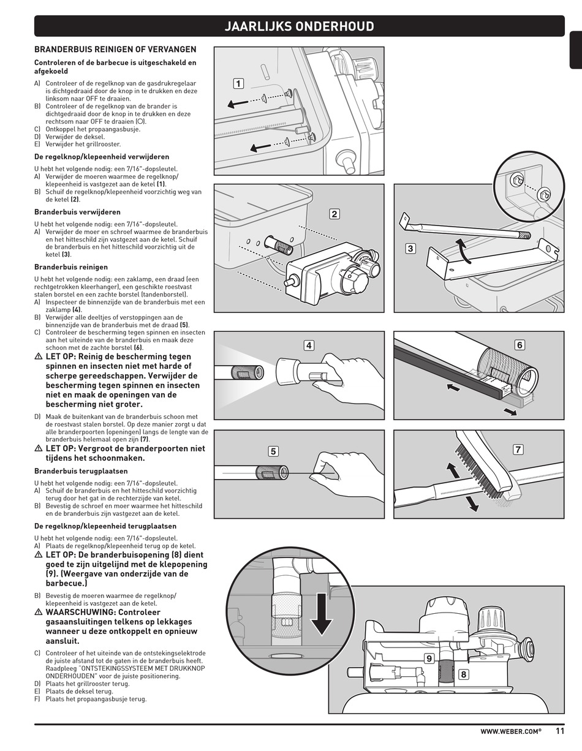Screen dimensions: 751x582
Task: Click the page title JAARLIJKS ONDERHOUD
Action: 299,26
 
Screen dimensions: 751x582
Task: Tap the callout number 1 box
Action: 238,84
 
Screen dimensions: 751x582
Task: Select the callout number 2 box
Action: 334,214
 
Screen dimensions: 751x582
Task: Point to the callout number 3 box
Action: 410,248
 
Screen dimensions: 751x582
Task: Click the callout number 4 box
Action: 309,345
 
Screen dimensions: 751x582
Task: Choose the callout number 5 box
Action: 273,451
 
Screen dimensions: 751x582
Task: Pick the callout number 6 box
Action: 520,345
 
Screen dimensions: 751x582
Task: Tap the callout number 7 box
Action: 518,450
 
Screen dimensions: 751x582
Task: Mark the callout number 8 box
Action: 463,674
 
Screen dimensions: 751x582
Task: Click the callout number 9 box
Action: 429,659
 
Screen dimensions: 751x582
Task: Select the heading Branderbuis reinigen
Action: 71,267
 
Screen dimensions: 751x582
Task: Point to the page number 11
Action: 561,730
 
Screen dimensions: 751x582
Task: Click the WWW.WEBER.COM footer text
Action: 510,731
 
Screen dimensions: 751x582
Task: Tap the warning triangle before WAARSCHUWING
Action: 38,612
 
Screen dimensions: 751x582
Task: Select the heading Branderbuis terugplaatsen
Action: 81,471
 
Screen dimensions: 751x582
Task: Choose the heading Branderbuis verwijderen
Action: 77,212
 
